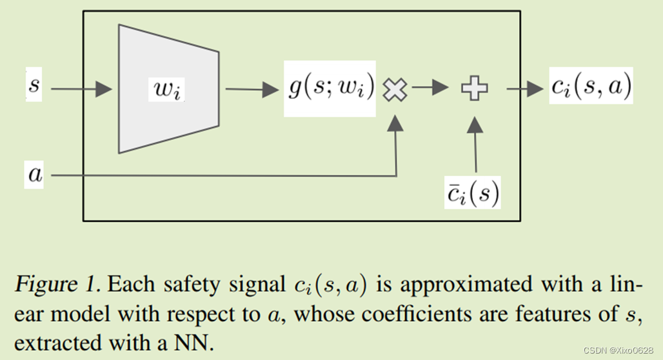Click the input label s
[x=34, y=87]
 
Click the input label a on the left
[x=35, y=174]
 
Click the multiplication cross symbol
[x=395, y=90]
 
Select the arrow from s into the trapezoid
[x=81, y=89]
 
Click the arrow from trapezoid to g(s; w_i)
[x=252, y=89]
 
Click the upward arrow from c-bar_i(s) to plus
[x=475, y=148]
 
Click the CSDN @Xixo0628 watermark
[x=618, y=350]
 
